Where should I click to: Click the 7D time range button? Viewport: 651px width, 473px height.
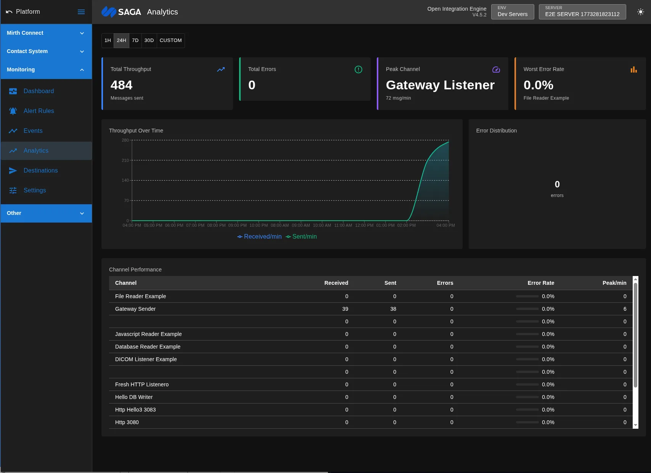point(135,40)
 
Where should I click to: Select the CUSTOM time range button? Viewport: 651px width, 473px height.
point(170,40)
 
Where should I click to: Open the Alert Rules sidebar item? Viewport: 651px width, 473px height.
point(39,111)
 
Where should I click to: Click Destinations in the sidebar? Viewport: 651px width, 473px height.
point(40,170)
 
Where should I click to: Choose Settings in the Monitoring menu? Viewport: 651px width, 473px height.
point(34,190)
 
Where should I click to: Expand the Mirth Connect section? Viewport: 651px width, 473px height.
point(46,33)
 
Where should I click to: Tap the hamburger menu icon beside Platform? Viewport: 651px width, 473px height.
point(81,12)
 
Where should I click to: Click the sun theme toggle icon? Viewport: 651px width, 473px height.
point(640,12)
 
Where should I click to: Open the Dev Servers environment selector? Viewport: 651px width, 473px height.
point(512,12)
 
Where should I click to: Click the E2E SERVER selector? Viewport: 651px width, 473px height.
point(582,12)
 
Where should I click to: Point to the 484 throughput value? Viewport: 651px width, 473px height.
point(121,85)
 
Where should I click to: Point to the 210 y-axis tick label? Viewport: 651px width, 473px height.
point(125,160)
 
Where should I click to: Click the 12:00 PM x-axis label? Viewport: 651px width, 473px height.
point(364,225)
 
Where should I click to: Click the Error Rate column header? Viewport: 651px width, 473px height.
point(540,283)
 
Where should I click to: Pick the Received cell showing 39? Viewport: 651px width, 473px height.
point(345,309)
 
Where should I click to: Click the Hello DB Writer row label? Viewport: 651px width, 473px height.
point(133,397)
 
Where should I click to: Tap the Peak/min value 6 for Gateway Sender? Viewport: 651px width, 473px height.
point(624,309)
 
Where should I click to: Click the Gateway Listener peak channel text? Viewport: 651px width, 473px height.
point(440,85)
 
